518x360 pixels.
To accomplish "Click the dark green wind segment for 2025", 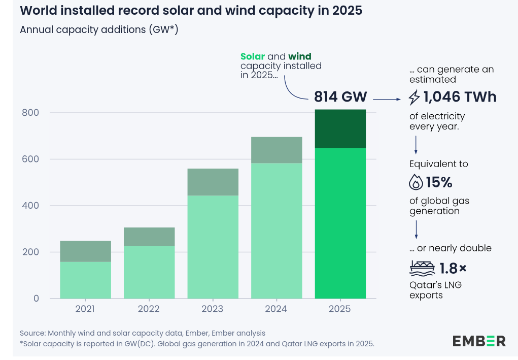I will (340, 128).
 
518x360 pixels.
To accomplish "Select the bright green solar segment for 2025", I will (340, 223).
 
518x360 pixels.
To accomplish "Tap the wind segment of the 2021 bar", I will (85, 251).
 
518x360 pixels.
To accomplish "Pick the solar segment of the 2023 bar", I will (213, 247).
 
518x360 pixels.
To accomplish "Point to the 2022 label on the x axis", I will (149, 309).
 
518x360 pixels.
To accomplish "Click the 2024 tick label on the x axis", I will (276, 309).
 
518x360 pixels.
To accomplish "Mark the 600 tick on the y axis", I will (30, 159).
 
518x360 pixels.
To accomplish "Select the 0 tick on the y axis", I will (36, 299).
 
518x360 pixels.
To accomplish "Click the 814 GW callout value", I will (340, 96).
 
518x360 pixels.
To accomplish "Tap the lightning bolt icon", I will (415, 97).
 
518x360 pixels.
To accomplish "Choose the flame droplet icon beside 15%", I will (416, 182).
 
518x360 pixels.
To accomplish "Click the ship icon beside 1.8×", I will (422, 267).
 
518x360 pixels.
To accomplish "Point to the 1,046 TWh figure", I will (460, 97).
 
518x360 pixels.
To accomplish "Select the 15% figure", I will (439, 182).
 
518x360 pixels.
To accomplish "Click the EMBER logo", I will (479, 341).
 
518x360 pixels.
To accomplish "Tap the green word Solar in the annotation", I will (253, 56).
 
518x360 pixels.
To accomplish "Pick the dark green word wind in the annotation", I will (300, 56).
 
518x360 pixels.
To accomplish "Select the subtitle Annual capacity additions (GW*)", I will (99, 30).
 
